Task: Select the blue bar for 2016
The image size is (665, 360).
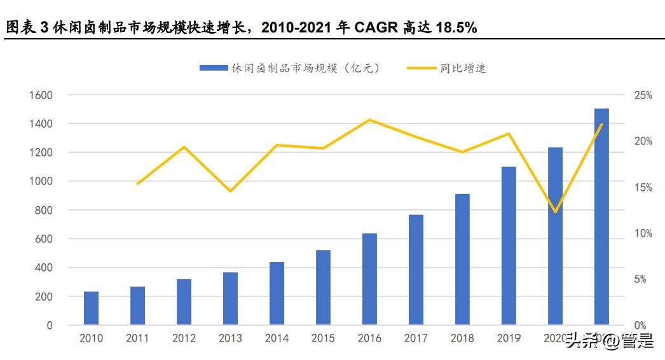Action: tap(369, 279)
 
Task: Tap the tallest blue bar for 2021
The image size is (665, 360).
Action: tap(601, 217)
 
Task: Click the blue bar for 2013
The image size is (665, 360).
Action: tap(230, 299)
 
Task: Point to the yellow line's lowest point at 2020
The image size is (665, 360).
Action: tap(556, 212)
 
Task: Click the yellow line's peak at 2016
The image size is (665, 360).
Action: tap(370, 120)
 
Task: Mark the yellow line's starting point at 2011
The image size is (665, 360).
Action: tap(138, 184)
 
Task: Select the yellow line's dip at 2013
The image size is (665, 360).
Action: tap(230, 191)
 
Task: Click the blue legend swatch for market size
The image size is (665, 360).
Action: tap(214, 68)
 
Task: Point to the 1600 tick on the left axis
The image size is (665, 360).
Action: tap(40, 95)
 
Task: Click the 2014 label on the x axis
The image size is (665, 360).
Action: tap(277, 338)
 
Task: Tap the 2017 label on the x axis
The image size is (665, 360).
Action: tap(416, 338)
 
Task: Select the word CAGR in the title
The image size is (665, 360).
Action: tap(375, 28)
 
